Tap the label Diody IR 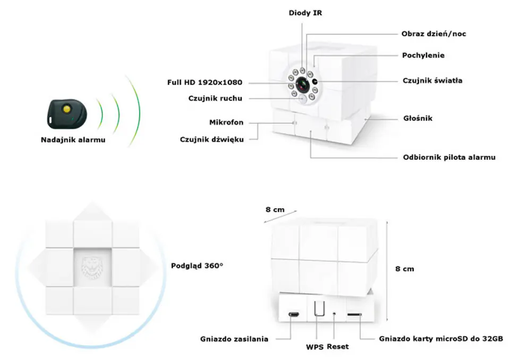point(305,13)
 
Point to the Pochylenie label point(423,55)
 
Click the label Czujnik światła point(432,81)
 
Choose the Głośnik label point(417,118)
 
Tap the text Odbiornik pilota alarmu point(449,157)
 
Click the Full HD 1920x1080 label point(205,82)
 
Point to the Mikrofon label point(226,122)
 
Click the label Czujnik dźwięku point(211,140)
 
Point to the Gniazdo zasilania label point(234,339)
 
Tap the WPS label point(314,347)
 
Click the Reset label point(338,347)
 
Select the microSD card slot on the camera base point(355,315)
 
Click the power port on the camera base point(293,315)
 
